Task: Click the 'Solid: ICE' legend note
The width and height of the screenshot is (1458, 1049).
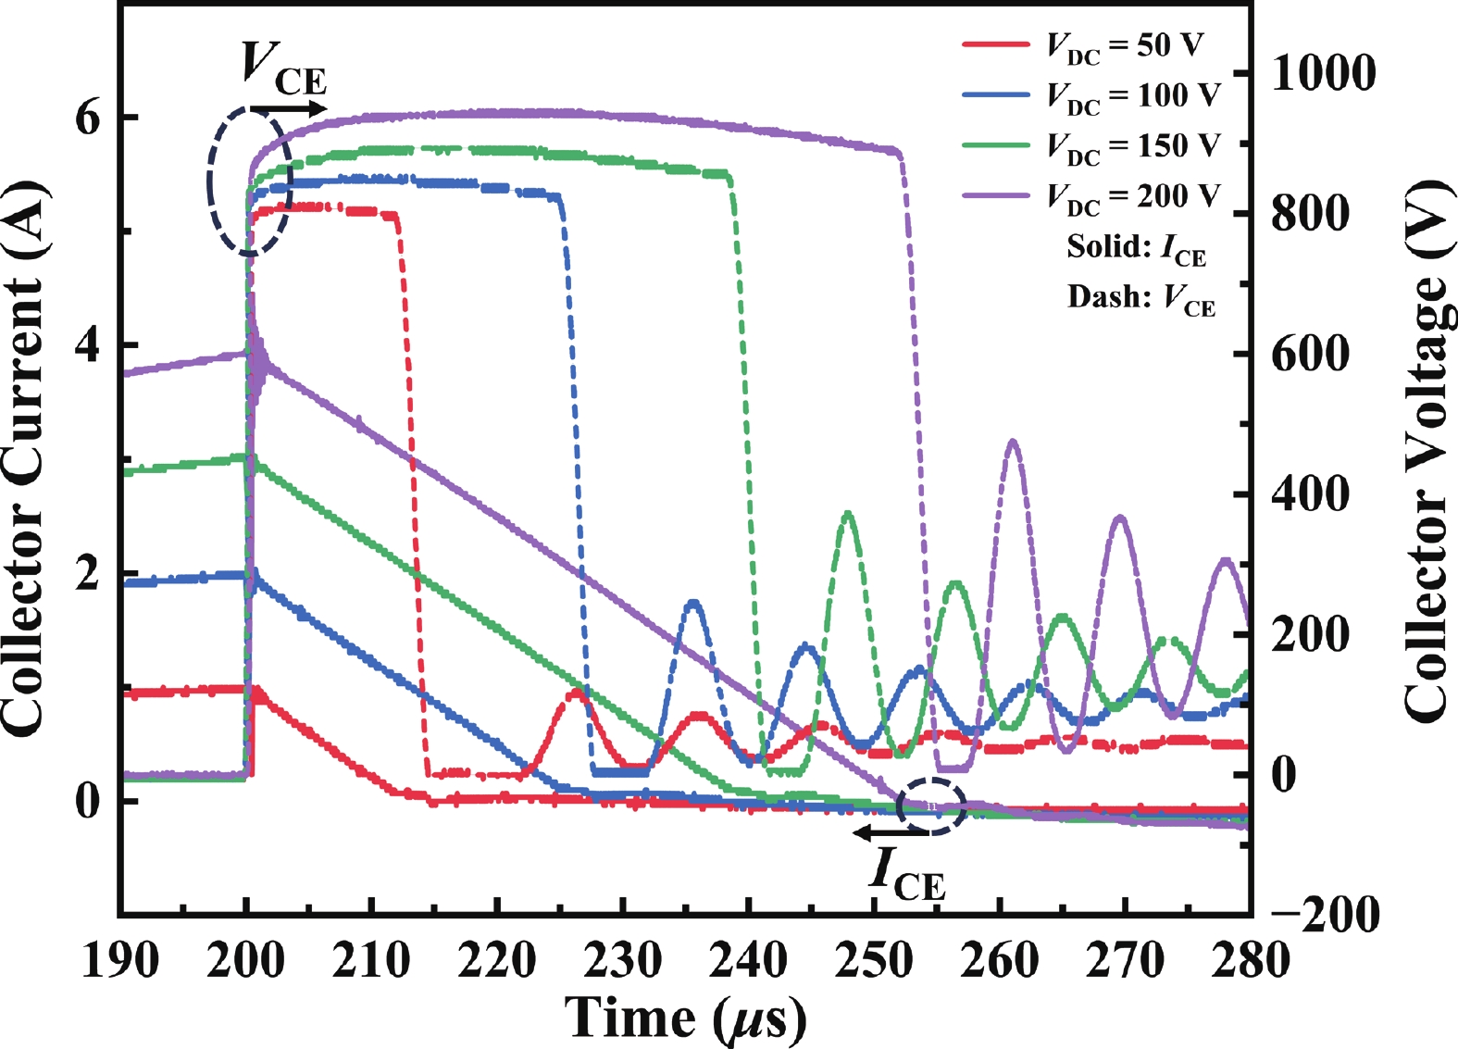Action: [x=1137, y=248]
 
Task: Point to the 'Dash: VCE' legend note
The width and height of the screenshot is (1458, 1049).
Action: [x=1140, y=298]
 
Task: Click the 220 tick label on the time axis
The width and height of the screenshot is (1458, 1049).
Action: [x=497, y=961]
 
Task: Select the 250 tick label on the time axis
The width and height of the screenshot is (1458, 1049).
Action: [x=874, y=961]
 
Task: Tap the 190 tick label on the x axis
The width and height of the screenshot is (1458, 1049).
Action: [x=120, y=961]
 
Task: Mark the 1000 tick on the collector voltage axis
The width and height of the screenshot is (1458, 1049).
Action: [x=1323, y=73]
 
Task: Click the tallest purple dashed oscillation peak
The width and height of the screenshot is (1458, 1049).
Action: [x=1012, y=443]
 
